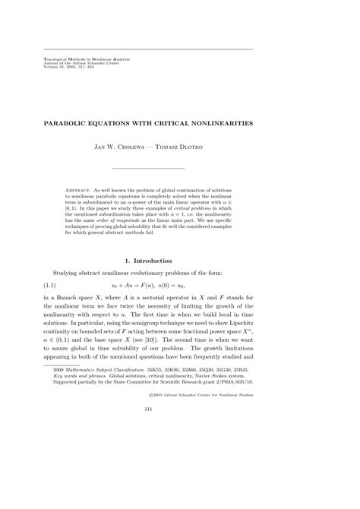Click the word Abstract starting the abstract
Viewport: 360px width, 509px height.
coord(79,184)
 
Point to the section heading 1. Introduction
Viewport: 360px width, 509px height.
coord(149,261)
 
